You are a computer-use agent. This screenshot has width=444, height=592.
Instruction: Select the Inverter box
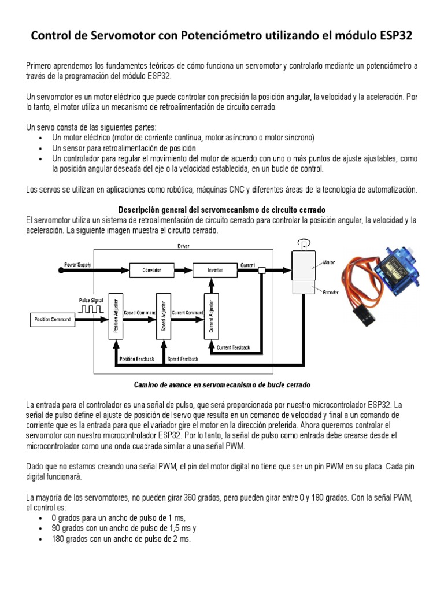(x=215, y=270)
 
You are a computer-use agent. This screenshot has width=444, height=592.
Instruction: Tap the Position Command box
(x=53, y=319)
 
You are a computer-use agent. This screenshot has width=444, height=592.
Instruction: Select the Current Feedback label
(x=233, y=347)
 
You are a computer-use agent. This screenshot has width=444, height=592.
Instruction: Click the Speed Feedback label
(x=183, y=359)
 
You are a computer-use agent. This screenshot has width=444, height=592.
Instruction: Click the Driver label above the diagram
(x=183, y=246)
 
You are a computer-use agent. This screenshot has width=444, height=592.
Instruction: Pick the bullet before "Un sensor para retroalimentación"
(x=39, y=149)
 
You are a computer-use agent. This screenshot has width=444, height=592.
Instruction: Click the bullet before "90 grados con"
(x=39, y=528)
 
